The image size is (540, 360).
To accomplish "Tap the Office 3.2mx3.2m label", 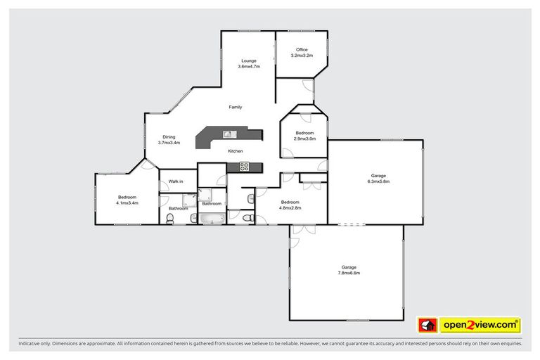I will click(302, 52).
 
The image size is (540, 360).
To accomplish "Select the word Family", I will click(236, 107).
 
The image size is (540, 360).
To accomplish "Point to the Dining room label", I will click(169, 139).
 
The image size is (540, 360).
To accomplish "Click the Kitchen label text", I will click(235, 151).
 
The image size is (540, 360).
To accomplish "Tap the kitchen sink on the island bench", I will click(228, 134).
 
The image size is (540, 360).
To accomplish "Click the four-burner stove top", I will click(245, 167).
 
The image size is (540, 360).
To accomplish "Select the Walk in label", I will click(175, 181).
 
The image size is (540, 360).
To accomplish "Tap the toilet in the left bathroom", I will click(170, 220).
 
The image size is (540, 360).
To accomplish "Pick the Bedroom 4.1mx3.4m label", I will click(127, 200).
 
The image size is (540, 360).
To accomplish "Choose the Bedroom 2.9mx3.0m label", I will click(304, 136).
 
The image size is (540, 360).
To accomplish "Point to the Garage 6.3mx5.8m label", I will click(378, 179).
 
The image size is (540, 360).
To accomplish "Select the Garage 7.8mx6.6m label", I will click(349, 270).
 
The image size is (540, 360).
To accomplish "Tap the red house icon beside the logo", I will click(427, 325).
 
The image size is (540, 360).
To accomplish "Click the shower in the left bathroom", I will click(189, 200).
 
